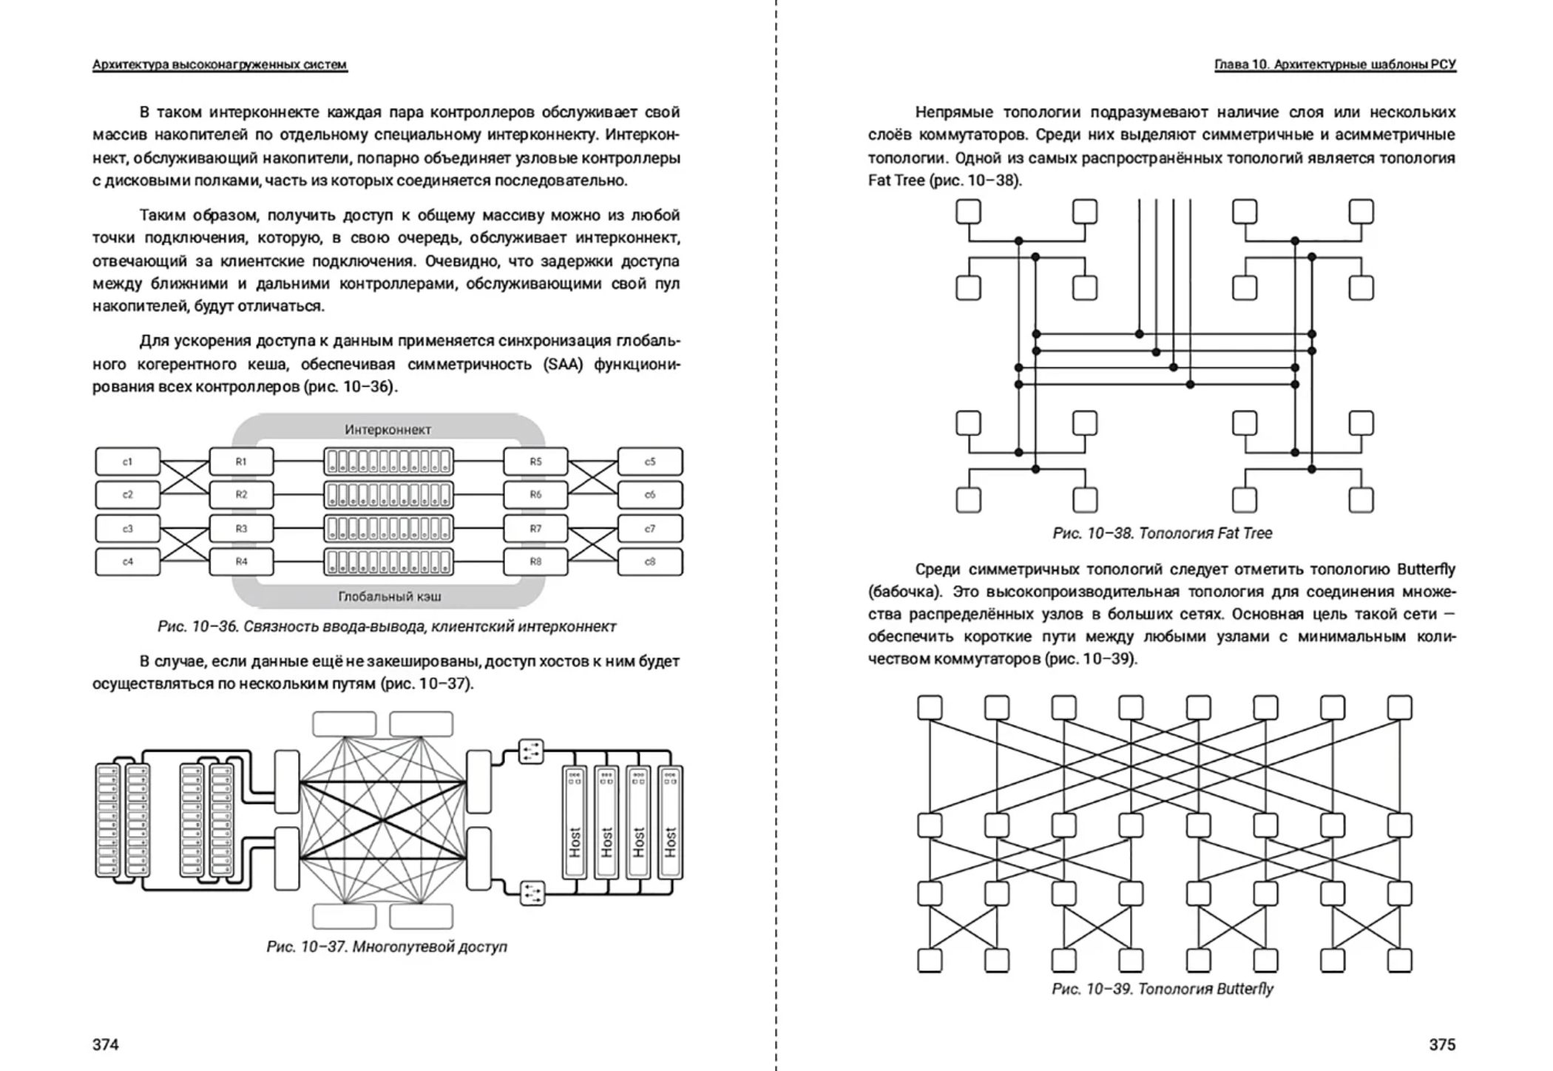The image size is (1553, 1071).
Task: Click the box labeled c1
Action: [x=127, y=462]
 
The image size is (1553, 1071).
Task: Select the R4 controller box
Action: [x=241, y=561]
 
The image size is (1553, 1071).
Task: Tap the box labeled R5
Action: [x=535, y=462]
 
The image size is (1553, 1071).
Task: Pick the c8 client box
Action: [x=649, y=561]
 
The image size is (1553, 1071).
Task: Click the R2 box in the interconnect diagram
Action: [x=241, y=495]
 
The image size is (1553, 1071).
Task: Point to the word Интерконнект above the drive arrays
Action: [x=388, y=430]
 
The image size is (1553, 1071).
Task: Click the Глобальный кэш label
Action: [x=390, y=596]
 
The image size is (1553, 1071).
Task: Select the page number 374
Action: [x=106, y=1044]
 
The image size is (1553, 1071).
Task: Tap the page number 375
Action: [x=1442, y=1044]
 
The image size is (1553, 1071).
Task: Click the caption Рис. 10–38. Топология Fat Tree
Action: [x=1163, y=533]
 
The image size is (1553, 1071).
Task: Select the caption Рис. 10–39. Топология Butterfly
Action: [x=1163, y=989]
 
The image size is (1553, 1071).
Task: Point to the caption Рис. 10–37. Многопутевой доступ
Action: [x=387, y=947]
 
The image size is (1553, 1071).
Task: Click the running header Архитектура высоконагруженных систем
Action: [x=220, y=65]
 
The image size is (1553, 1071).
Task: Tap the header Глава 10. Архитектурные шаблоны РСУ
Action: [x=1335, y=65]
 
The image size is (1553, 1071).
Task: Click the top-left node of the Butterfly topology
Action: [x=930, y=708]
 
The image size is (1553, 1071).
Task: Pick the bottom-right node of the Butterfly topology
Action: [x=1399, y=960]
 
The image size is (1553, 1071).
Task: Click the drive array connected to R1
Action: [x=388, y=462]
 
